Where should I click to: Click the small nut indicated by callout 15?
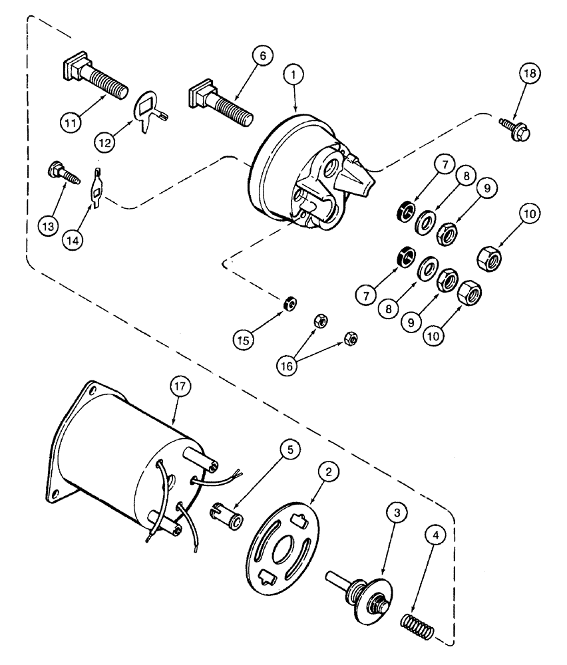pyautogui.click(x=289, y=303)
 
